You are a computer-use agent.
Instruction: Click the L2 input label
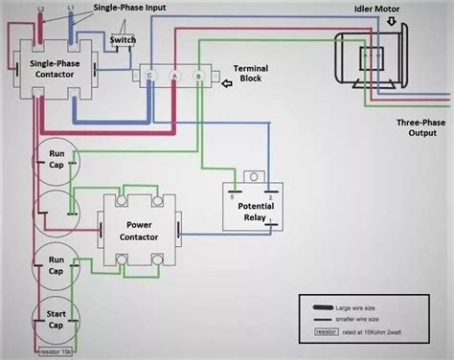point(39,8)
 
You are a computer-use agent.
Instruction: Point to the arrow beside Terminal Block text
point(225,83)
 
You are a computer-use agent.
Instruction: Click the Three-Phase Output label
point(418,128)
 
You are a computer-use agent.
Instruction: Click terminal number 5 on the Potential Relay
point(232,196)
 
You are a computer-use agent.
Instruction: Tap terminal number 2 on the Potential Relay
point(270,196)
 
